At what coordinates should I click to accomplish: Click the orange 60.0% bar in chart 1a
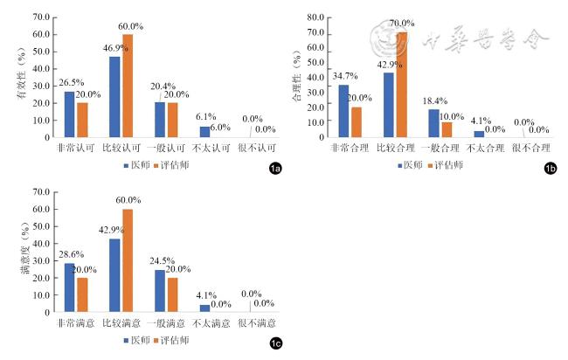(128, 86)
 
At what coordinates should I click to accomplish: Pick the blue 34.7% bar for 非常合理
(343, 111)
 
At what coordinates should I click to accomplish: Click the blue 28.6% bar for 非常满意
(70, 287)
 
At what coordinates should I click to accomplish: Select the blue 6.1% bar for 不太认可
(204, 132)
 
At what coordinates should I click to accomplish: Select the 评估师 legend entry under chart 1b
(446, 165)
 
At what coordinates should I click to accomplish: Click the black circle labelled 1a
(274, 168)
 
